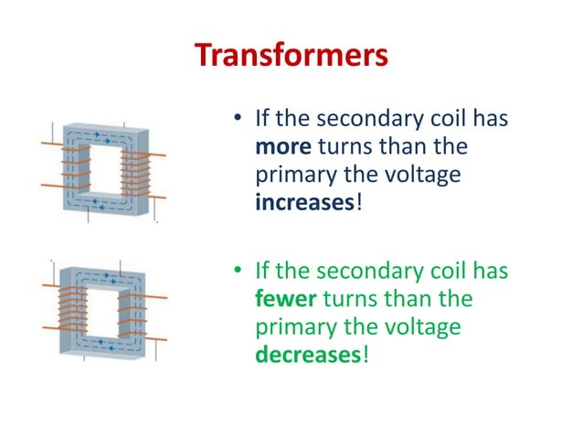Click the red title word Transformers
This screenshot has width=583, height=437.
click(x=291, y=56)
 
